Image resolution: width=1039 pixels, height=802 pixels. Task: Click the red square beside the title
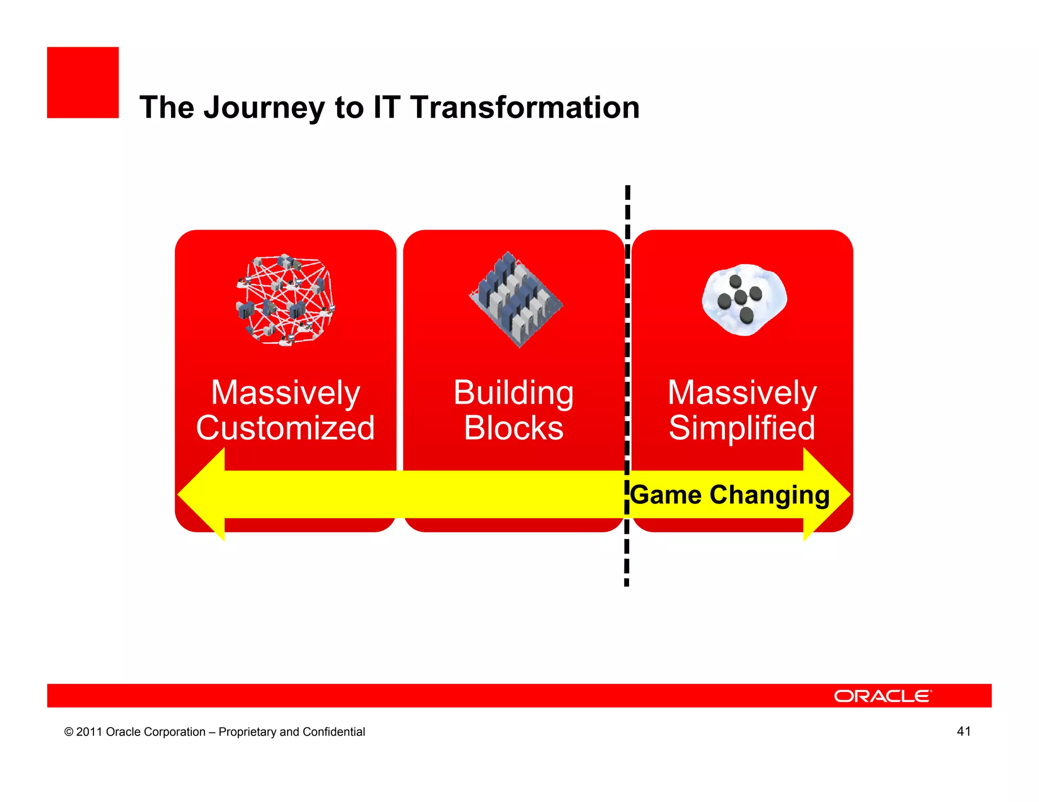pos(83,83)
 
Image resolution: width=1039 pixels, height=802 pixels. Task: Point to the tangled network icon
pos(286,300)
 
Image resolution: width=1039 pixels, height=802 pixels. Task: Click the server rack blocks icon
pos(516,300)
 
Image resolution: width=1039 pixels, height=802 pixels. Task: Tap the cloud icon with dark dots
pos(744,300)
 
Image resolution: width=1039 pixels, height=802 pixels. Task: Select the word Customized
pos(286,428)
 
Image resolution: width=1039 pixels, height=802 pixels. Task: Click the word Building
pos(513,393)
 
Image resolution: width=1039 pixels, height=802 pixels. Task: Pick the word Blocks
pos(513,428)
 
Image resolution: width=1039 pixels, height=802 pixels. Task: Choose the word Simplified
pos(742,428)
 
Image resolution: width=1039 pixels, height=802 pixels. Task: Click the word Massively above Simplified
pos(742,393)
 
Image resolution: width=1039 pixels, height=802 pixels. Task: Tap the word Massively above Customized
pos(286,393)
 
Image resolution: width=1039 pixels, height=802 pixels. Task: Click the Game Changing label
pos(730,495)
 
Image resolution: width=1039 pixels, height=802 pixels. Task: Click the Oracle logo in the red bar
pos(883,696)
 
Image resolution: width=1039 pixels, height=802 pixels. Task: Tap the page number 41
pos(963,731)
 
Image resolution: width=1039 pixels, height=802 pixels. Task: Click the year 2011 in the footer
pos(89,732)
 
